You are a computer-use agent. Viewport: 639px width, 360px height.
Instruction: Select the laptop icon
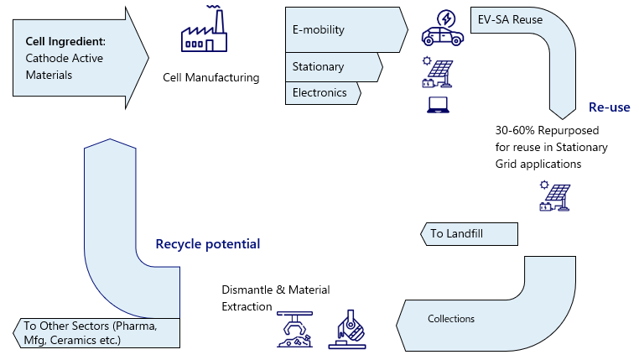coord(437,105)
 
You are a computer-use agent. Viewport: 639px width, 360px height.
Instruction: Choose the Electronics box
coord(322,92)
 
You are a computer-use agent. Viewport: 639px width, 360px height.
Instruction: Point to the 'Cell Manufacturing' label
coord(211,78)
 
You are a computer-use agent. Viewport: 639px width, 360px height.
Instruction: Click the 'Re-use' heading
coord(608,108)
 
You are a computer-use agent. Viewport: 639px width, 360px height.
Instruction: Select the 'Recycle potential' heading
coord(208,244)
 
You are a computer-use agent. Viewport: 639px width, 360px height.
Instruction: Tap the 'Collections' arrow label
coord(451,319)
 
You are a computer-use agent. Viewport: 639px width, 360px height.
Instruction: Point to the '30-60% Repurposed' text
coord(547,131)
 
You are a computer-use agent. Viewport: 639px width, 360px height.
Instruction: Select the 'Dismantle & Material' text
coord(276,290)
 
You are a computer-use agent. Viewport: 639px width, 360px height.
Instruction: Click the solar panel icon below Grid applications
coord(555,197)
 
